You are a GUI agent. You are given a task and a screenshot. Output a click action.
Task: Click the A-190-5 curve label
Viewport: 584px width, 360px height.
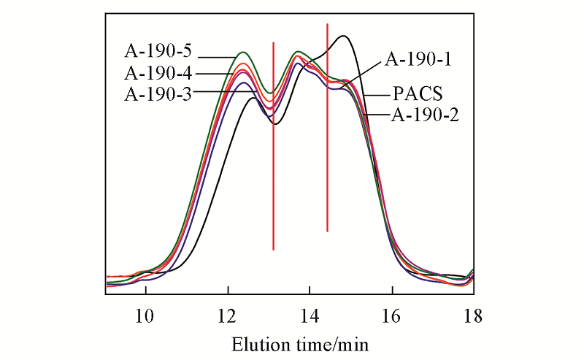point(158,53)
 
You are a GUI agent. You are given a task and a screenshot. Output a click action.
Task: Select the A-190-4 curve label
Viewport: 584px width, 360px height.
point(158,73)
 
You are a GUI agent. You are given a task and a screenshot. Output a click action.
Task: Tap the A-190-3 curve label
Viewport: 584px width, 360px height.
point(158,93)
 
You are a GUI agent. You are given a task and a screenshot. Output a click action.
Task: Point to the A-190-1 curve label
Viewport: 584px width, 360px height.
point(418,59)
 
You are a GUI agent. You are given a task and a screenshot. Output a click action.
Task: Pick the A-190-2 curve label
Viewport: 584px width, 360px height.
point(424,115)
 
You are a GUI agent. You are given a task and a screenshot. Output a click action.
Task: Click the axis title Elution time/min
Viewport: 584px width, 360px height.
point(301,342)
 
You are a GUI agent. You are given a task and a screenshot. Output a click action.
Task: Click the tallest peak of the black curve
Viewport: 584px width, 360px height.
point(343,36)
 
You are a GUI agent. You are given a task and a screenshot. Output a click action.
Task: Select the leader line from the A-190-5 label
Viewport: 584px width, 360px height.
point(215,56)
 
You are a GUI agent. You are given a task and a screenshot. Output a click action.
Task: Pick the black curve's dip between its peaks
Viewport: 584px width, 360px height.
point(274,123)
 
